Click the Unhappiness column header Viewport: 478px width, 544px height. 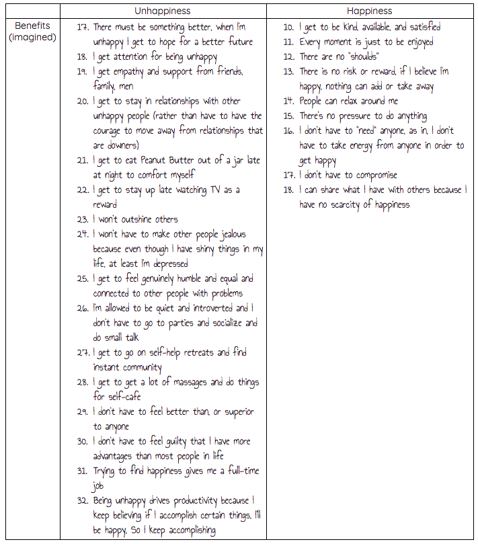(163, 11)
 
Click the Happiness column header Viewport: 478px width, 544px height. (370, 11)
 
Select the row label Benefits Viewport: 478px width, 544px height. (31, 26)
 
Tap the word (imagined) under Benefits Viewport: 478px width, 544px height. (32, 38)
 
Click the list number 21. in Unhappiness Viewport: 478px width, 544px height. (83, 161)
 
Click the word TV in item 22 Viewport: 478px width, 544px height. (212, 190)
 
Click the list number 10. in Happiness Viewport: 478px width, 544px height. (288, 28)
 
